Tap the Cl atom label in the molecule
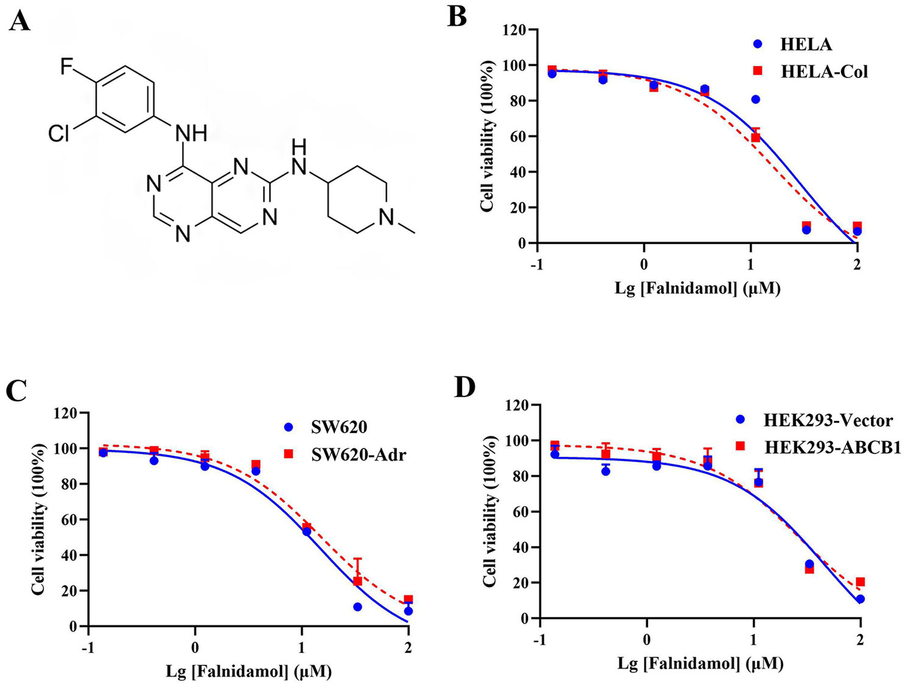click(x=60, y=133)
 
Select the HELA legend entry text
click(x=806, y=45)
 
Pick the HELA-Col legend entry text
click(x=824, y=71)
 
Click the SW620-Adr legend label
click(x=358, y=454)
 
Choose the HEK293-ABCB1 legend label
click(x=833, y=447)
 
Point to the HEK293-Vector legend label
click(x=828, y=420)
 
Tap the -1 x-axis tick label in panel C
click(x=88, y=647)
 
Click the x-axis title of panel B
click(x=697, y=288)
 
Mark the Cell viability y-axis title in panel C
click(x=39, y=519)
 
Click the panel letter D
click(x=464, y=387)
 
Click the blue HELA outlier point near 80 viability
click(x=756, y=99)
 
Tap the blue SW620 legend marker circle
click(x=289, y=427)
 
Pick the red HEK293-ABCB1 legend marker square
click(x=740, y=446)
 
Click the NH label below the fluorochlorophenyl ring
click(x=191, y=133)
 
